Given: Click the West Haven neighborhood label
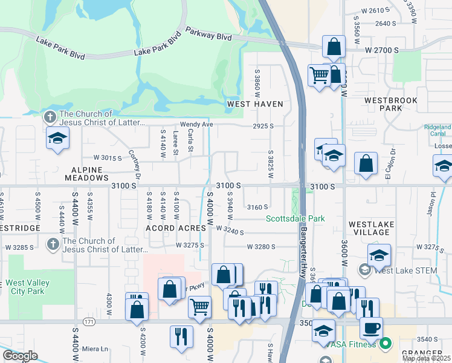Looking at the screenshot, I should [255, 104].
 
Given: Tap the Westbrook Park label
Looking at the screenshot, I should [383, 104].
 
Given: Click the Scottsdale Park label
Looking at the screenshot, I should [296, 218].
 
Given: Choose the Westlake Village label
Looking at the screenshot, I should [371, 228].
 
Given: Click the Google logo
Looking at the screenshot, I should [20, 356].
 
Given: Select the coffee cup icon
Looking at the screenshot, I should [370, 327].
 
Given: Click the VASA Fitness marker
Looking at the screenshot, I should [386, 344].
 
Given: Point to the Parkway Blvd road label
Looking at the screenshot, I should [208, 33].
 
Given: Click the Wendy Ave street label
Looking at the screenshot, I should [196, 125].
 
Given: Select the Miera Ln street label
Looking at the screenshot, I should [95, 348].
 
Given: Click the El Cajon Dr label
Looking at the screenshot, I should [393, 160].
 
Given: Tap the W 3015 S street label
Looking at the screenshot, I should [108, 158].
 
